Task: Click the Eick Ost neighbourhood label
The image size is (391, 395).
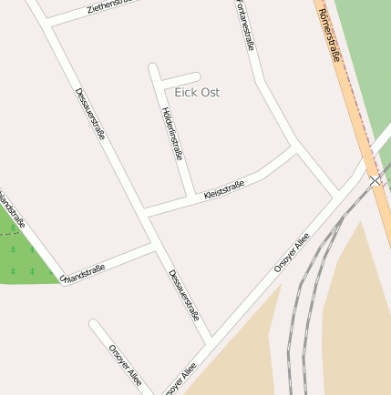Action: (197, 93)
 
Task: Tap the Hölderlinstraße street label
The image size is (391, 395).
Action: (171, 134)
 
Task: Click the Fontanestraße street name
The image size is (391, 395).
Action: (244, 25)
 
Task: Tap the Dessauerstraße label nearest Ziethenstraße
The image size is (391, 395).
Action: (90, 113)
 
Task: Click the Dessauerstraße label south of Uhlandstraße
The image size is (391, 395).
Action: (183, 295)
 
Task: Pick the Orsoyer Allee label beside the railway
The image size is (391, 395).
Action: (292, 253)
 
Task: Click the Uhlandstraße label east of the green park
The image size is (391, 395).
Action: (84, 271)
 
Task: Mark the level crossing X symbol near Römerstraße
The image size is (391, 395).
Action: (376, 180)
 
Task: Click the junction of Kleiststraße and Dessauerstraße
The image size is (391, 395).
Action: (145, 215)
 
